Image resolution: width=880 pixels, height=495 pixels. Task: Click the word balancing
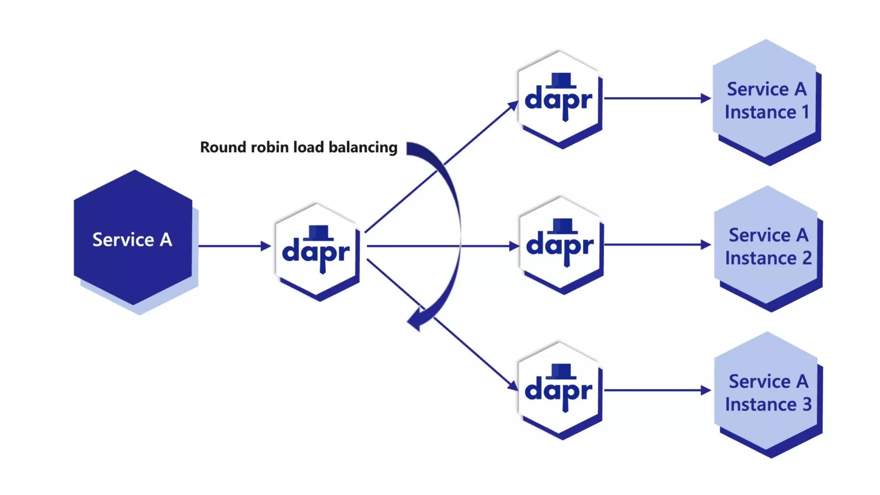click(363, 147)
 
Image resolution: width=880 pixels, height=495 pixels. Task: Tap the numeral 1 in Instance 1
click(805, 113)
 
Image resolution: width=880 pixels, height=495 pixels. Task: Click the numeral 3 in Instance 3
click(807, 404)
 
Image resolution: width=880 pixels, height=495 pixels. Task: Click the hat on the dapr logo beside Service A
click(318, 232)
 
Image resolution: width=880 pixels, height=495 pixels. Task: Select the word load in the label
click(308, 147)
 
